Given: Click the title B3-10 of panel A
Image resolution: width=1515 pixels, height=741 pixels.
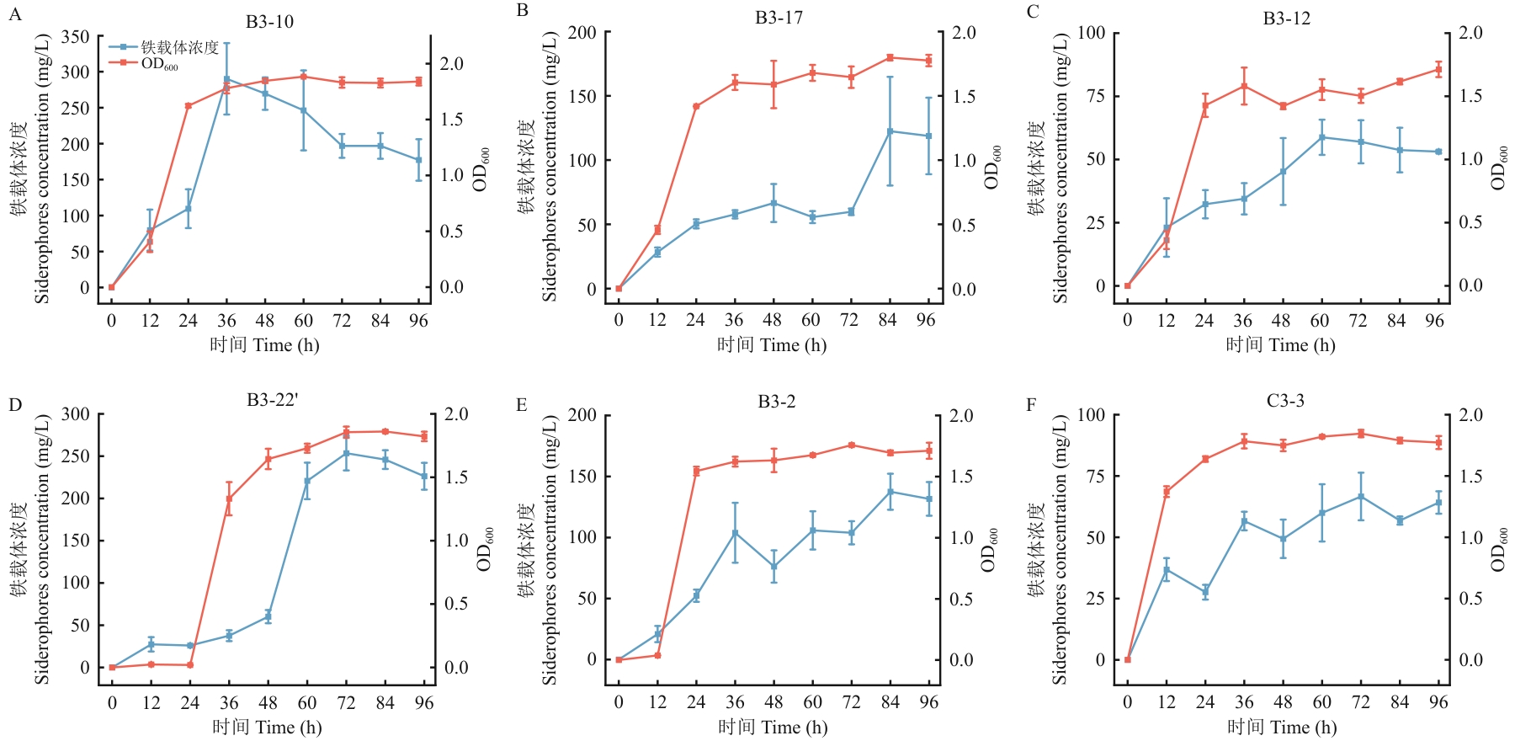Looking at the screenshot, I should [x=269, y=22].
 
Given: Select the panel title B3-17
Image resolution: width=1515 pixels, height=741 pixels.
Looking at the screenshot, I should [x=779, y=18].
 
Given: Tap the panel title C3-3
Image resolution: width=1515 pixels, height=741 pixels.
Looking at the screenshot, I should [x=1285, y=401].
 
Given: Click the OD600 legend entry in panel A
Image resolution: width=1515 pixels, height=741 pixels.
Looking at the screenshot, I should [x=158, y=64].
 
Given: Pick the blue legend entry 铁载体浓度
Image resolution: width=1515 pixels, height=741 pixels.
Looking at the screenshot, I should [x=178, y=47].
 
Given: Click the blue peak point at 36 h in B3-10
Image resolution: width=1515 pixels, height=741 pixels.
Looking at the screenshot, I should [x=226, y=79].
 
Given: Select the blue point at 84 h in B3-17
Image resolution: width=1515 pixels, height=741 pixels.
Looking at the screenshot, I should [x=890, y=131].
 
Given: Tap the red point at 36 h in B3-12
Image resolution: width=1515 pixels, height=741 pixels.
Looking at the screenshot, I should [x=1243, y=86].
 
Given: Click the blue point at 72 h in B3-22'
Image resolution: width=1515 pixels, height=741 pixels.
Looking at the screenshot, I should [x=346, y=453].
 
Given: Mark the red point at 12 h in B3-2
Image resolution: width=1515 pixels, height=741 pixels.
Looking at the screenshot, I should [x=657, y=655].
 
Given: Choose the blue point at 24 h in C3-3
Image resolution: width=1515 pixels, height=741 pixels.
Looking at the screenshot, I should [x=1205, y=592].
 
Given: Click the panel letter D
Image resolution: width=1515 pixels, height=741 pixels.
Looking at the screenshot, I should [x=15, y=405].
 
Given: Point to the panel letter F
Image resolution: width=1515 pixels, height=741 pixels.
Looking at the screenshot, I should [x=1032, y=405].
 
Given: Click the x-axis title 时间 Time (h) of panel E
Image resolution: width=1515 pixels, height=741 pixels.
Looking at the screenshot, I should [x=773, y=727].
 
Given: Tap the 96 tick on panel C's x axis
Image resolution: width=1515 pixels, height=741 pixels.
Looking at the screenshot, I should [x=1434, y=320].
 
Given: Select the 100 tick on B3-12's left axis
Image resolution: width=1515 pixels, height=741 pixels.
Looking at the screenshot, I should [x=1092, y=33].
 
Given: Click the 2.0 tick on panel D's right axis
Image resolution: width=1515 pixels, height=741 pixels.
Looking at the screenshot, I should [x=456, y=414].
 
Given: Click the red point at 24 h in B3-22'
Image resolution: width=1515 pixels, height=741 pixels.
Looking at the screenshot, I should [x=190, y=665].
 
